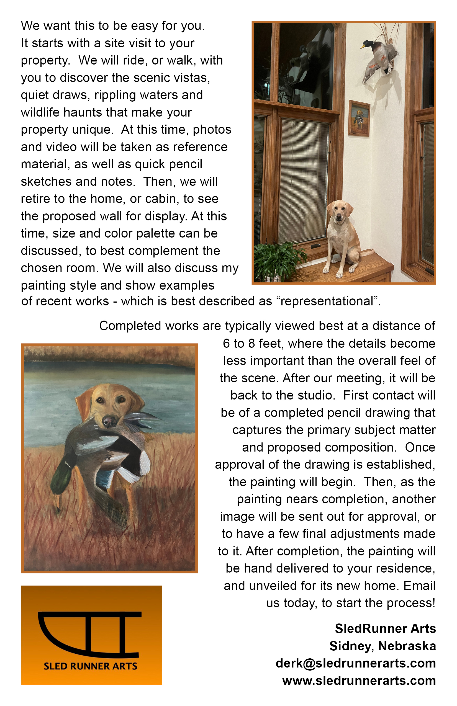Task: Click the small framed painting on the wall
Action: (x=359, y=118)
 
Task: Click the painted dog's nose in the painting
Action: (x=110, y=421)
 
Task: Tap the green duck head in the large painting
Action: (x=61, y=476)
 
